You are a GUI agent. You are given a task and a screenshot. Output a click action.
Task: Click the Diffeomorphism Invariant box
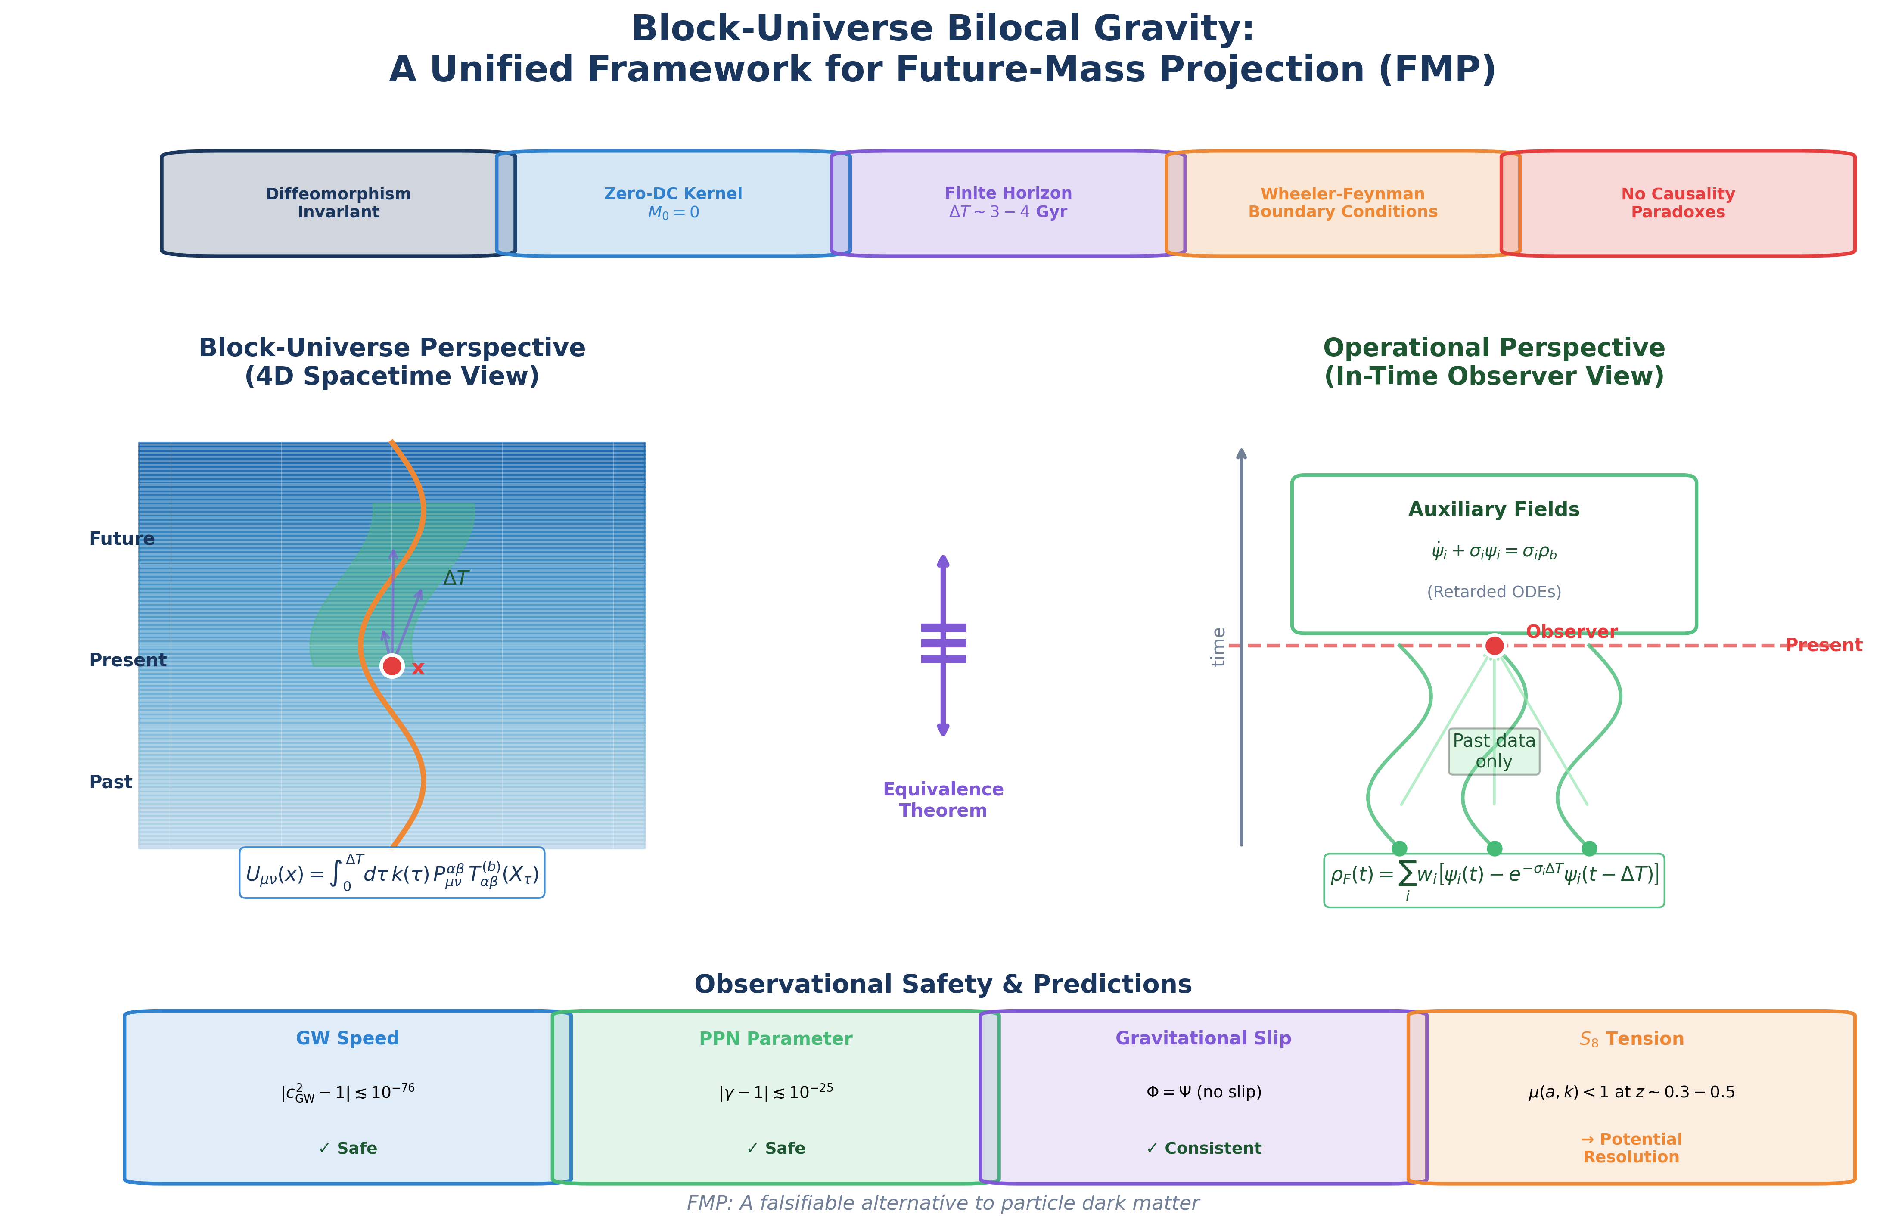339,203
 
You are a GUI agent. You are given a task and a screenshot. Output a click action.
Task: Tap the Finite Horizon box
1008,203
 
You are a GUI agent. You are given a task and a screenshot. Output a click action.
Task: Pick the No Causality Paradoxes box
1678,203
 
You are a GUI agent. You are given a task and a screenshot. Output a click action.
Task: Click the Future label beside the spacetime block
121,539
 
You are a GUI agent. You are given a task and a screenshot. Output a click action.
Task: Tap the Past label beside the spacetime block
111,783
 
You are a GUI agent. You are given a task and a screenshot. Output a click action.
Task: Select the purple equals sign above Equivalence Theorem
943,643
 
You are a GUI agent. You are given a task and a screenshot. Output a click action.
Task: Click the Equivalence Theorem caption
943,800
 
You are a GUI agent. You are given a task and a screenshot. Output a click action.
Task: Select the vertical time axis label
1219,647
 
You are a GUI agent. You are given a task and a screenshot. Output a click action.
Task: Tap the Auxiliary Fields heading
1494,509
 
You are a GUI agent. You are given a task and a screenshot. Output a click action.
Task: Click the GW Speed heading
347,1038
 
